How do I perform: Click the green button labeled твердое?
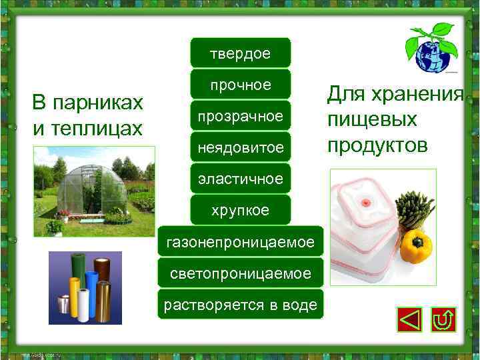[x=240, y=53]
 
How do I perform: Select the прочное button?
[x=240, y=85]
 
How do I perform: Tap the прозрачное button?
[x=240, y=116]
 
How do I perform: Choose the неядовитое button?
[x=240, y=147]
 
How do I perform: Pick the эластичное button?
[x=240, y=179]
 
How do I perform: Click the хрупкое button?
[x=240, y=210]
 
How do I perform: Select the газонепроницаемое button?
[x=240, y=242]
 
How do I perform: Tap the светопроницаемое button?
[x=240, y=273]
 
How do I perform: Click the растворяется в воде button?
[x=240, y=305]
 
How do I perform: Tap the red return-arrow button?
[x=443, y=320]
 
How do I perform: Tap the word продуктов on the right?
[x=377, y=145]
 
